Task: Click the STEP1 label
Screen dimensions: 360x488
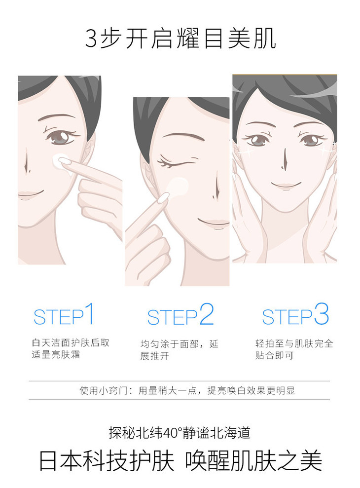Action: pos(64,314)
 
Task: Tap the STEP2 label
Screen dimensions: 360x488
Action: pos(180,315)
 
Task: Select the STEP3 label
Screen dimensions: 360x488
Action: pos(295,314)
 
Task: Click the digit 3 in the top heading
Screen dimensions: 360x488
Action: pos(91,38)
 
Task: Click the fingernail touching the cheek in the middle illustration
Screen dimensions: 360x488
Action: pos(164,198)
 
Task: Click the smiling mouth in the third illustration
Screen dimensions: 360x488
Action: pos(286,185)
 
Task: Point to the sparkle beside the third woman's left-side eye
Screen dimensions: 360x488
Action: pos(245,150)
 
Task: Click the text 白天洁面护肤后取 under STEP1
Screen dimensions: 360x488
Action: pos(71,342)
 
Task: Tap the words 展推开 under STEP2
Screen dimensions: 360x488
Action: pos(155,355)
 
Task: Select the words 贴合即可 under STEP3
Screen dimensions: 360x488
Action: pos(274,355)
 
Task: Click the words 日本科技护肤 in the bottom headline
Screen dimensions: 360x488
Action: pos(107,461)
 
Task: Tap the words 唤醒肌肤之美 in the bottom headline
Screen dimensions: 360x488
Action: pos(253,461)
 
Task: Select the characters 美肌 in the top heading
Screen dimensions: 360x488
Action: pos(252,38)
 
